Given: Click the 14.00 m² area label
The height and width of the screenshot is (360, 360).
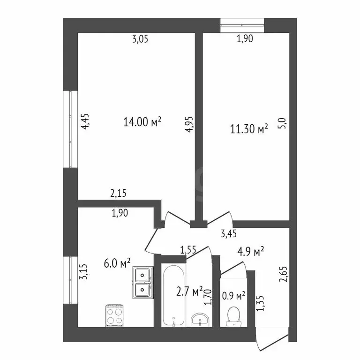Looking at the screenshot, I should [142, 122].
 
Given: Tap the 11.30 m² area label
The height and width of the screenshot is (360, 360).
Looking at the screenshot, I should [249, 128].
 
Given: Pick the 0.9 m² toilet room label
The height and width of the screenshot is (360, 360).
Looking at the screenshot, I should [234, 296].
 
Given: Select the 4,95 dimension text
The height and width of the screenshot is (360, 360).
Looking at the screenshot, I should [189, 124].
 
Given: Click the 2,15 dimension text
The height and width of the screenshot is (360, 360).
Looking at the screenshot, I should [118, 192].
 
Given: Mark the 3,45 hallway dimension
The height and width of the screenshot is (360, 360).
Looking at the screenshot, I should [229, 232].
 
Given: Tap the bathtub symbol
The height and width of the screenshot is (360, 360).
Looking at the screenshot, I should [173, 296].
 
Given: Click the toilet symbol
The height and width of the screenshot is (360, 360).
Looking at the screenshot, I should [232, 316].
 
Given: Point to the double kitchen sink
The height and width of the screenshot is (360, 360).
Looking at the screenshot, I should [142, 283].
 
